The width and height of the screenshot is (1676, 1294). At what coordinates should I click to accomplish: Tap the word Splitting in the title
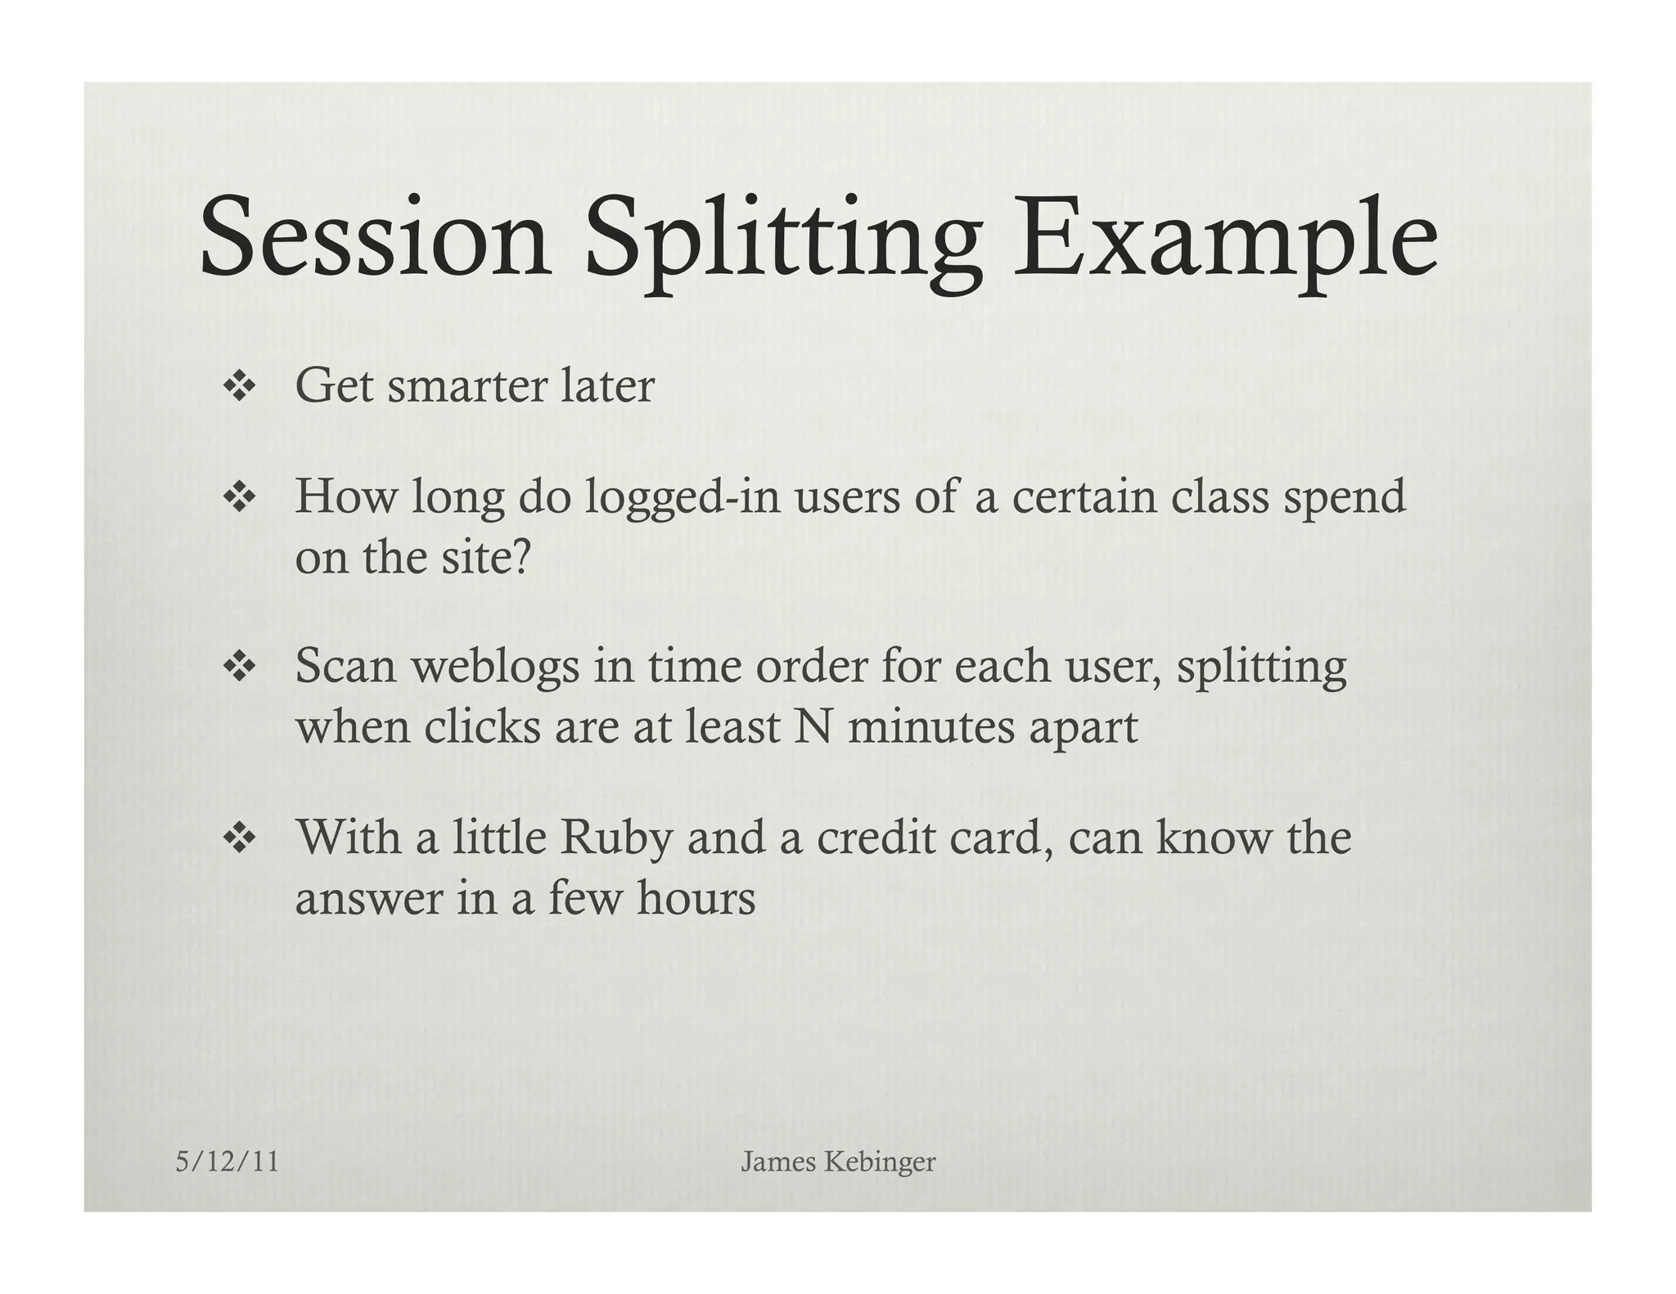click(783, 241)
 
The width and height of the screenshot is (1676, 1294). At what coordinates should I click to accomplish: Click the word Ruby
click(615, 839)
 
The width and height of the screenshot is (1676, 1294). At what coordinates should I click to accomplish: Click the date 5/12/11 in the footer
click(228, 1161)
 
